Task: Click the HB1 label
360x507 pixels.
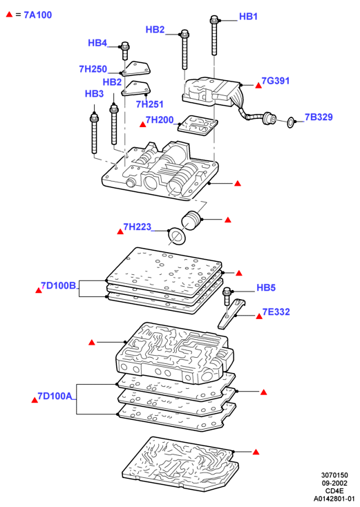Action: coord(248,17)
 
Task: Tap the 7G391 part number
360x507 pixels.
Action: coord(276,81)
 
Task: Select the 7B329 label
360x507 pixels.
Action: coord(319,117)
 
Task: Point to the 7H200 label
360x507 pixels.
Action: coord(160,120)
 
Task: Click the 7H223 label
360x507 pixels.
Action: coord(137,227)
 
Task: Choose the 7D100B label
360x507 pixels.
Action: coord(59,285)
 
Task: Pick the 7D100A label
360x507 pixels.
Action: coord(55,396)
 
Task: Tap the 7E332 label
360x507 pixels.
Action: coord(276,312)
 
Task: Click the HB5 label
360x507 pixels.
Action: coord(266,287)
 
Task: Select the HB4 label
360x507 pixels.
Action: coord(97,43)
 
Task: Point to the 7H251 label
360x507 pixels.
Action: coord(149,104)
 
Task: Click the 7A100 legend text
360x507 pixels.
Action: coord(38,15)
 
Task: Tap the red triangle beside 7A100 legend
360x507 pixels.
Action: coord(10,15)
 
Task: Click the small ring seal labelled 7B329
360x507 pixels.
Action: coord(291,122)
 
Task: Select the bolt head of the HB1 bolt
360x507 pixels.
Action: coord(214,19)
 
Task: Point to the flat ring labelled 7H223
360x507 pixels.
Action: coord(177,236)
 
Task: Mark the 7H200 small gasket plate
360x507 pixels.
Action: coord(198,126)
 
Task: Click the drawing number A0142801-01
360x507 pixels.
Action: coord(334,499)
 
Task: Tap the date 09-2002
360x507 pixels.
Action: coord(334,483)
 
